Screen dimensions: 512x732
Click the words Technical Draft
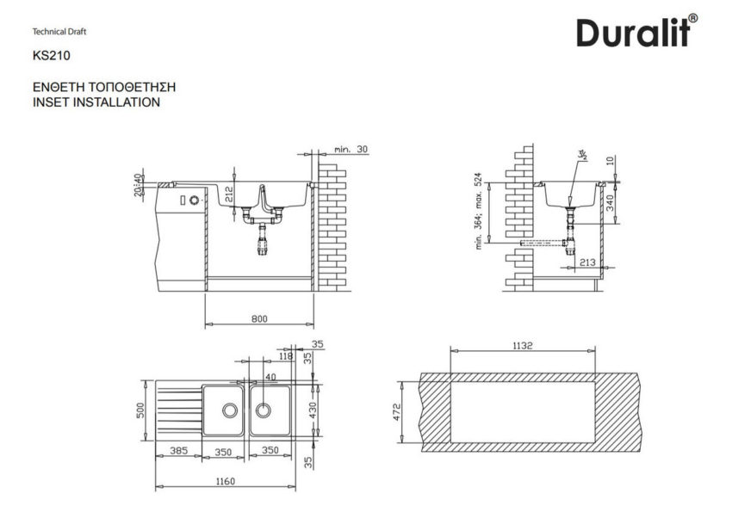pyautogui.click(x=59, y=32)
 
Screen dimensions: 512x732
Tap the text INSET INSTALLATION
pyautogui.click(x=95, y=102)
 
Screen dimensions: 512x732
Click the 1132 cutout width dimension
pyautogui.click(x=523, y=345)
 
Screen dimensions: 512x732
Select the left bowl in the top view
pyautogui.click(x=223, y=410)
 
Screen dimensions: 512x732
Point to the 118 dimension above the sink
pyautogui.click(x=286, y=355)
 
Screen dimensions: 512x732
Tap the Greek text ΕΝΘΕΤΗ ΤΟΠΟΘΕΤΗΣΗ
pyautogui.click(x=103, y=88)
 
